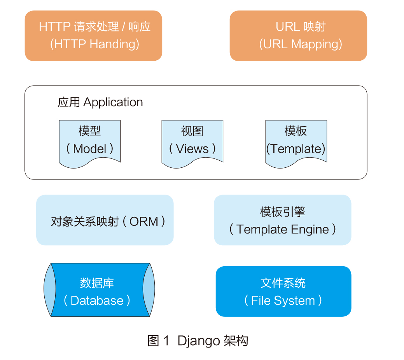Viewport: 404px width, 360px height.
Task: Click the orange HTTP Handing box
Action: tap(93, 36)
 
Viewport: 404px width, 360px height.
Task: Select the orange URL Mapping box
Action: tap(298, 36)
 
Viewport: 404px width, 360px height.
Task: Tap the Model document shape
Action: tap(90, 144)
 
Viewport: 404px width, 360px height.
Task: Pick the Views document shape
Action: tap(192, 144)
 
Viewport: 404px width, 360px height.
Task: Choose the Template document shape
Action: tap(296, 144)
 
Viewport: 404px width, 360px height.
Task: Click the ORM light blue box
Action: tap(105, 220)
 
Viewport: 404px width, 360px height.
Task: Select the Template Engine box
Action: tap(283, 220)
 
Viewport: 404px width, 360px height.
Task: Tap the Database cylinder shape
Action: tap(99, 290)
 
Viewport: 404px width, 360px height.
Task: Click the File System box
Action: tap(283, 292)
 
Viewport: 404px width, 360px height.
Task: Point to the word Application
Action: tap(113, 103)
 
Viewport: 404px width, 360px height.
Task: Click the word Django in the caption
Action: tap(199, 341)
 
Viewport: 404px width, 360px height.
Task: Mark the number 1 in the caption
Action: tap(166, 341)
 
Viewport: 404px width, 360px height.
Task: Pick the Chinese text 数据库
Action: tap(97, 283)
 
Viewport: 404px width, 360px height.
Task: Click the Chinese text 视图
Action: tap(192, 131)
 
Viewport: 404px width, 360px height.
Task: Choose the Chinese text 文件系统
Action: tap(283, 283)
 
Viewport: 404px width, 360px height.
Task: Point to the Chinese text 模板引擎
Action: tap(283, 212)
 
